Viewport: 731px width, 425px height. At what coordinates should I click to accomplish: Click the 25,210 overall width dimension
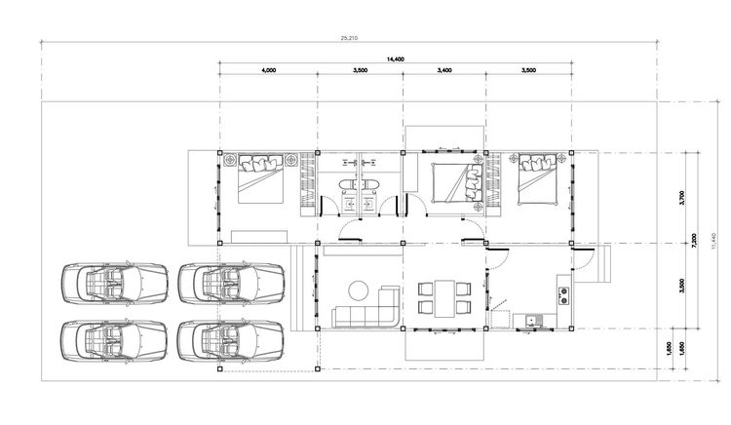347,38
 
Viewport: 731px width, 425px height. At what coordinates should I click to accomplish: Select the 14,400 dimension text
396,59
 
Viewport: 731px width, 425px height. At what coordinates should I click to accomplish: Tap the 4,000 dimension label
268,70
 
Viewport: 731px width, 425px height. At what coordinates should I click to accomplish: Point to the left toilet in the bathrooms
346,185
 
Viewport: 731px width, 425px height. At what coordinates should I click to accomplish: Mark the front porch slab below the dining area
443,344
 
